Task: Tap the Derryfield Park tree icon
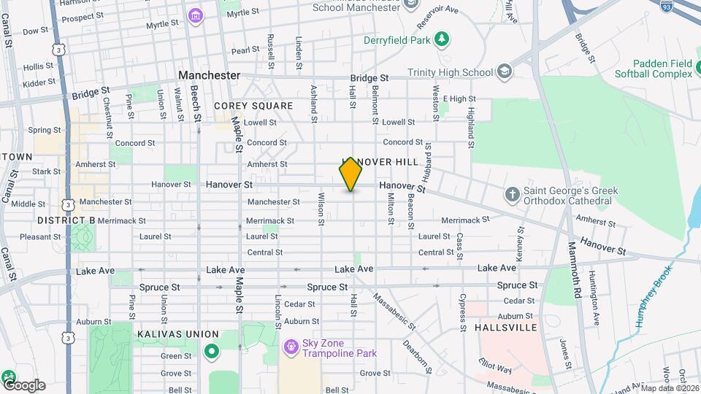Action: coord(440,39)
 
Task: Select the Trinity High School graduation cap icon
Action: coord(505,72)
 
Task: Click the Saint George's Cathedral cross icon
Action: coord(513,194)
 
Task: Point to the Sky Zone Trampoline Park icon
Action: coord(291,345)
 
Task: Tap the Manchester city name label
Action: coord(210,75)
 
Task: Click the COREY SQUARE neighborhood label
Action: coord(253,106)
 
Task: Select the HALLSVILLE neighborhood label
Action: coord(506,328)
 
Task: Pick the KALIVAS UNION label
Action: coord(169,333)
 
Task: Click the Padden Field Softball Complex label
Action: coord(652,69)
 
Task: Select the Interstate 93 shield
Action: coord(666,6)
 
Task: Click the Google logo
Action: coord(23,385)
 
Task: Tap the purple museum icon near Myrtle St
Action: coord(194,15)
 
